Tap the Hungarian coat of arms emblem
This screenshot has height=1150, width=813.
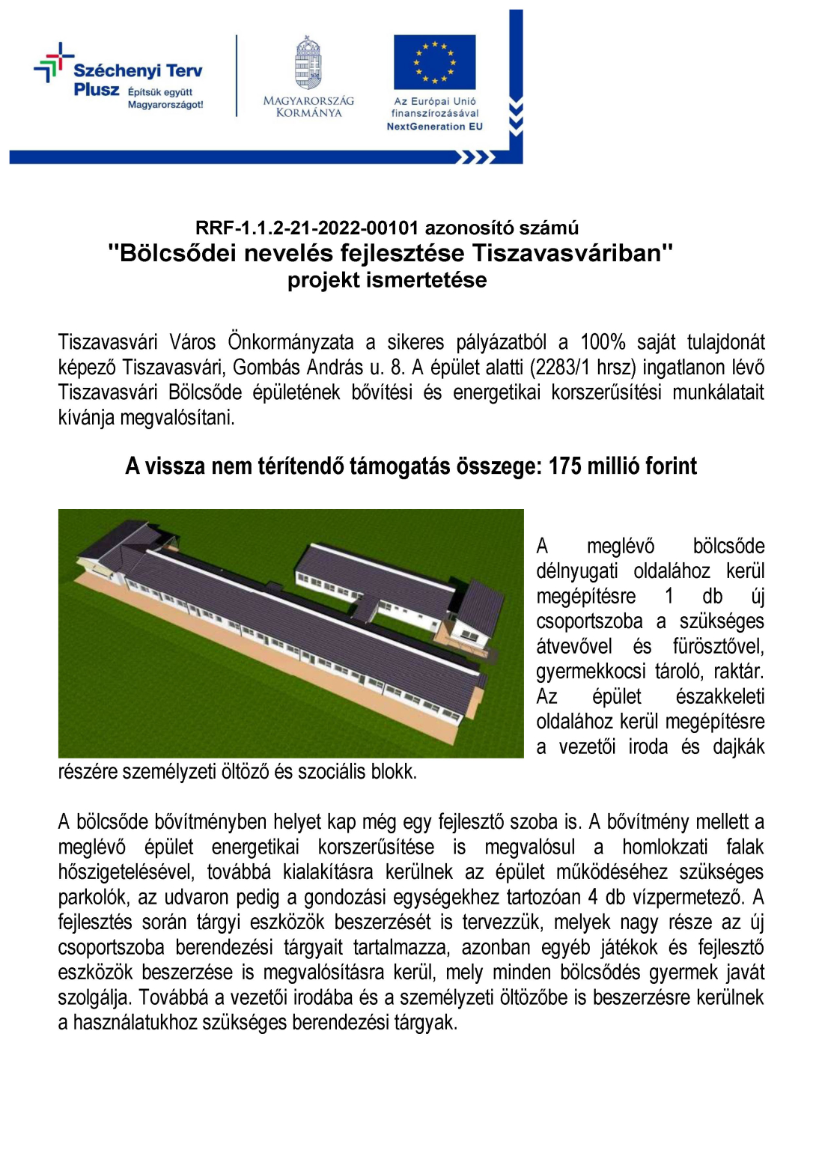[308, 64]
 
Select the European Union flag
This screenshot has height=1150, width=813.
[434, 61]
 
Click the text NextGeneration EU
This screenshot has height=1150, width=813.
[434, 127]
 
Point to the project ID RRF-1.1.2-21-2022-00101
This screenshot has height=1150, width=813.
[307, 228]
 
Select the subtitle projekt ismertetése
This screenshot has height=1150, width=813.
[387, 280]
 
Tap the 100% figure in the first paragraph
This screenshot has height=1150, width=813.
[603, 342]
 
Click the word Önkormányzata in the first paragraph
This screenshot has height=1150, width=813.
[290, 342]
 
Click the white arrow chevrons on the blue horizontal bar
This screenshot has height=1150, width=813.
[476, 157]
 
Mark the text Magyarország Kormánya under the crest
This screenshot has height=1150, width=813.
[308, 106]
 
